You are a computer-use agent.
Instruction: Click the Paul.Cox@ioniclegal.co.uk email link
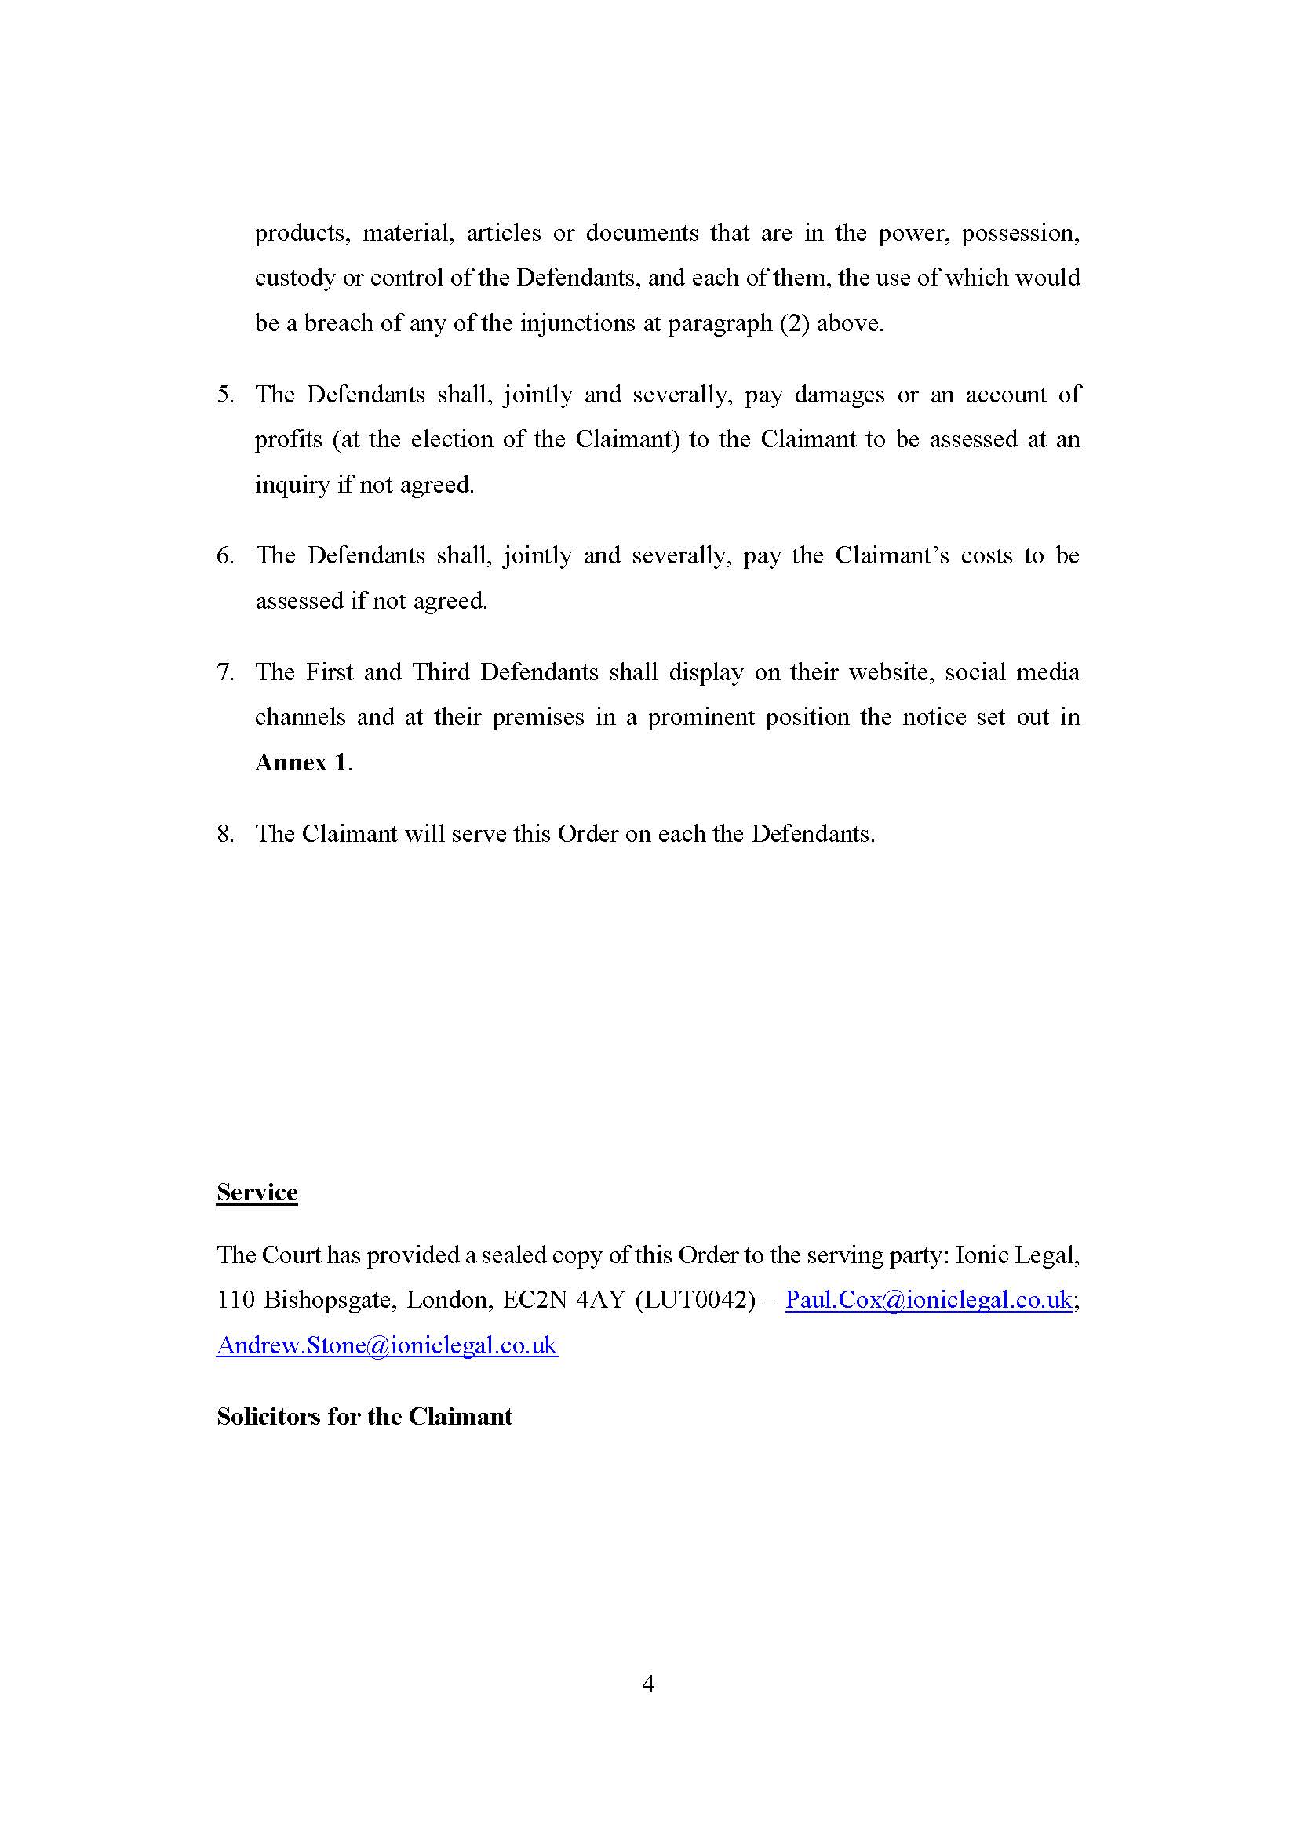click(927, 1300)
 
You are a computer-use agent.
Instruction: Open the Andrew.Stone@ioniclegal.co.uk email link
click(387, 1345)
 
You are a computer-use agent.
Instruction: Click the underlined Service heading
click(257, 1192)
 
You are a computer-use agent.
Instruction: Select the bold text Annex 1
click(301, 762)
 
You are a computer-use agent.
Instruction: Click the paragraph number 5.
click(224, 395)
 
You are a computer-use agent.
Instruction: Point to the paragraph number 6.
click(224, 555)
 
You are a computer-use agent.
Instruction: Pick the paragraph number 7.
click(224, 672)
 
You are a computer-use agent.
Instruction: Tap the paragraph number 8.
click(224, 834)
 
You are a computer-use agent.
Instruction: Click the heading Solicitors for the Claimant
click(364, 1416)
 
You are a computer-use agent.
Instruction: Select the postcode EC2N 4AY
click(563, 1300)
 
